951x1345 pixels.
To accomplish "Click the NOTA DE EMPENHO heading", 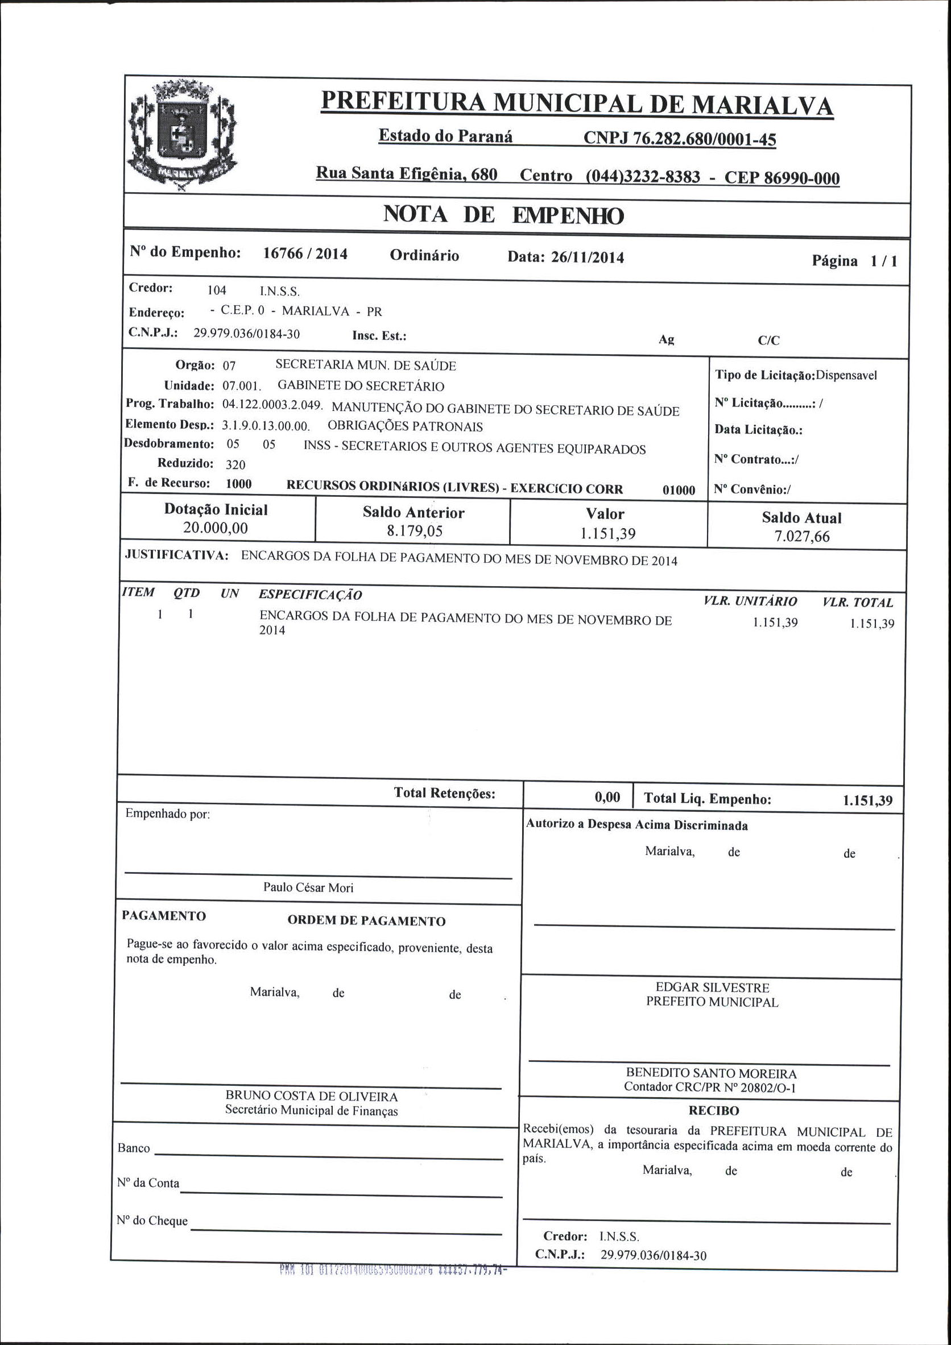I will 503,215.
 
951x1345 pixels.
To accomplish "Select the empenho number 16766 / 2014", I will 305,254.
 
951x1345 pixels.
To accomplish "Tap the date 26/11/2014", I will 587,257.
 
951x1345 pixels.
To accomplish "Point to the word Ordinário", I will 424,255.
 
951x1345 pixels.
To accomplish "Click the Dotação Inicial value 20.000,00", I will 215,528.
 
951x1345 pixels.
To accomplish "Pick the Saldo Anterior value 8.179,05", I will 414,531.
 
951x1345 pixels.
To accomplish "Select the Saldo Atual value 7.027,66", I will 801,537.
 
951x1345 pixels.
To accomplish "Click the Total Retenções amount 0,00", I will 607,796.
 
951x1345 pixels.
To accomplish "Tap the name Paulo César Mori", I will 308,887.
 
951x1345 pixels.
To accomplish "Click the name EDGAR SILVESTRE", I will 712,987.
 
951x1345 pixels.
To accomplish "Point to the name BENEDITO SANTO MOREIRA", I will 711,1073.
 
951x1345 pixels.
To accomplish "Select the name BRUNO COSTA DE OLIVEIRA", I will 311,1096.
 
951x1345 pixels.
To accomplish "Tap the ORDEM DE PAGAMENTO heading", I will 366,921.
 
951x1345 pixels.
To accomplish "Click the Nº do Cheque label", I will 152,1221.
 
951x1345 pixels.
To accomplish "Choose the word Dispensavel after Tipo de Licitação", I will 847,376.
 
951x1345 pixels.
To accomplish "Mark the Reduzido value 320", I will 235,465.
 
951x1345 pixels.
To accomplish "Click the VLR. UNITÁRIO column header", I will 750,601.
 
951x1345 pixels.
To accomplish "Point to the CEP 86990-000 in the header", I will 782,178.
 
